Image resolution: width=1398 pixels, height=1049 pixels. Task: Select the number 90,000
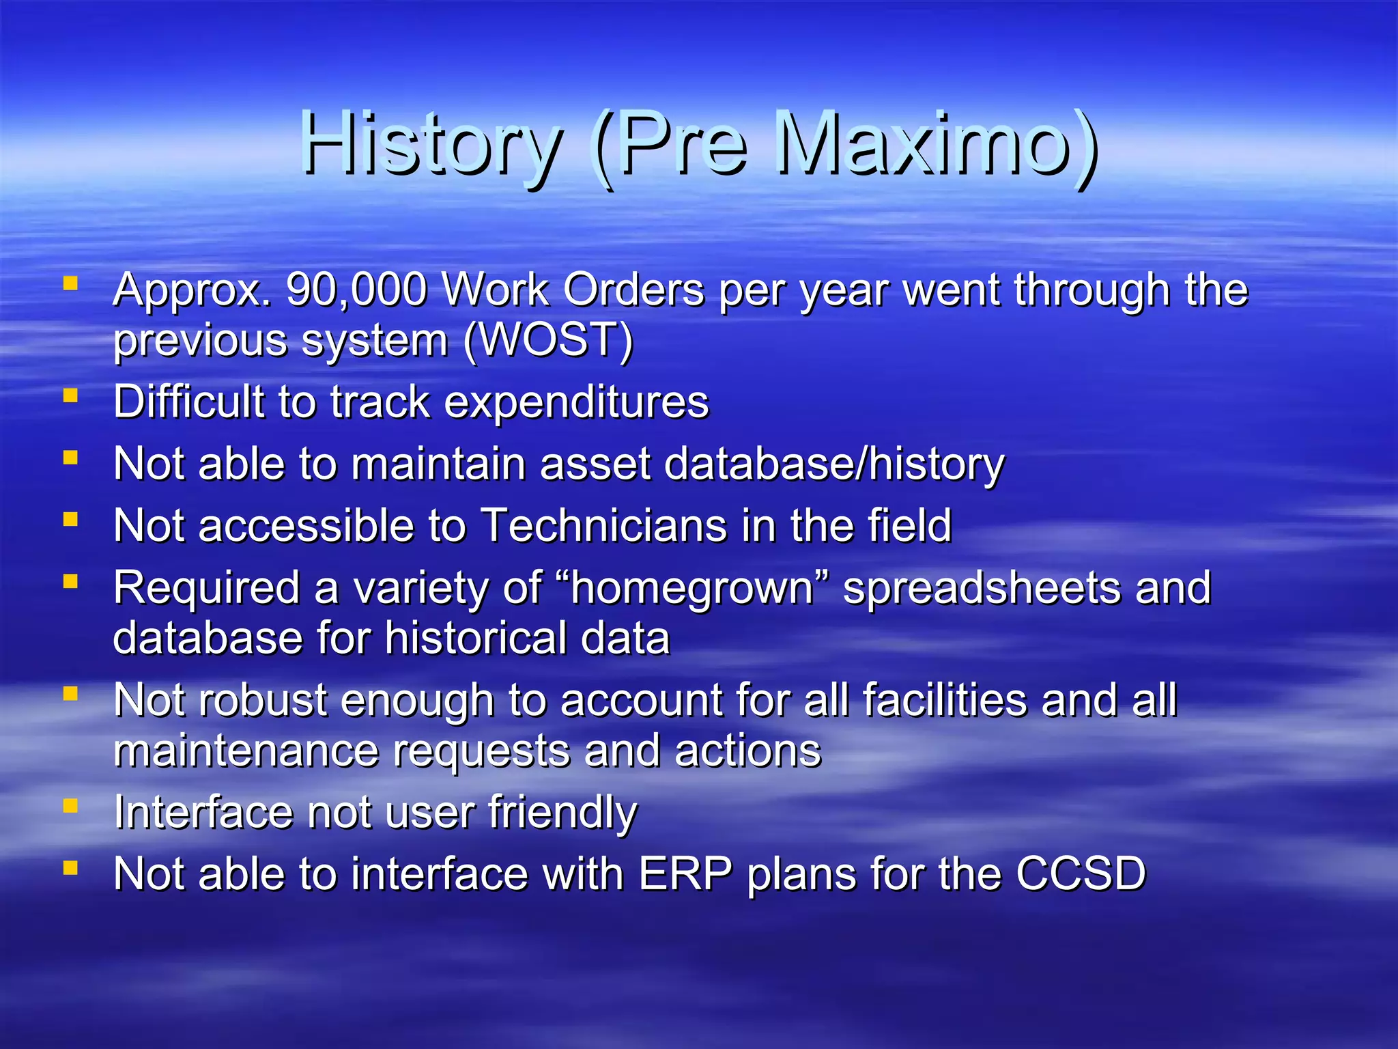click(x=356, y=290)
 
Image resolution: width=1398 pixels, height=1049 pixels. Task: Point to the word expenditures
click(x=577, y=403)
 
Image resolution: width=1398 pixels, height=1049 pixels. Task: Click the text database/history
click(x=834, y=464)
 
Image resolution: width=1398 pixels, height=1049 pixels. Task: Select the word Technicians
click(x=604, y=526)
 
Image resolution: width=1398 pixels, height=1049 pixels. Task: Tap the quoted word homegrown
click(x=693, y=589)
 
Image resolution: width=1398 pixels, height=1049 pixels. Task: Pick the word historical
click(x=475, y=639)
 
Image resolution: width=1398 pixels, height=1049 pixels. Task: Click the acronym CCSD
click(x=1081, y=874)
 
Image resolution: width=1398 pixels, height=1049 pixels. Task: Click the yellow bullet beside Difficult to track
click(x=70, y=395)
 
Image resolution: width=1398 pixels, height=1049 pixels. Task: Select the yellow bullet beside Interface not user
click(x=70, y=806)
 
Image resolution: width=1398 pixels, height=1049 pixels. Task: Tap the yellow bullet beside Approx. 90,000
click(x=70, y=283)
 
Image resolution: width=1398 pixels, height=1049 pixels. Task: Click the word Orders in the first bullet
click(x=633, y=290)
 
